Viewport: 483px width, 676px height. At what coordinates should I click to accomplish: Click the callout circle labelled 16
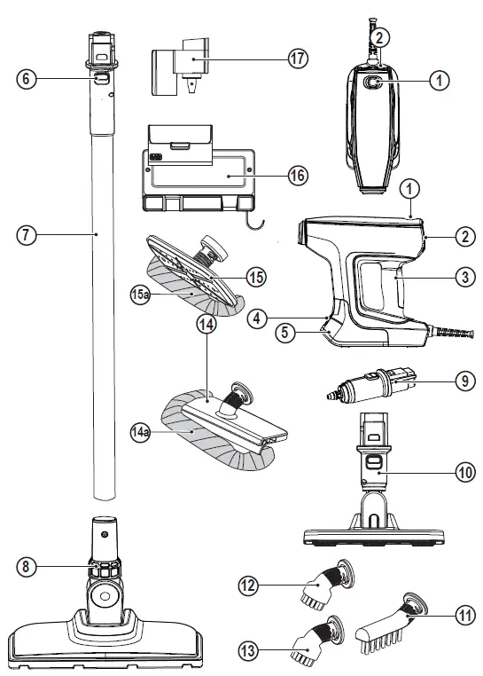[x=297, y=176]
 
